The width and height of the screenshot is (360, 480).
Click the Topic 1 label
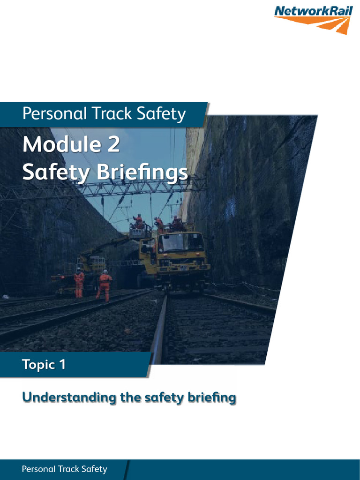pyautogui.click(x=44, y=365)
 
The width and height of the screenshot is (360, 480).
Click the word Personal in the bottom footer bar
pyautogui.click(x=39, y=469)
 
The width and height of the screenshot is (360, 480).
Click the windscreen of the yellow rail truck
pyautogui.click(x=181, y=243)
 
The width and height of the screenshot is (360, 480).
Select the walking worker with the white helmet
pyautogui.click(x=105, y=285)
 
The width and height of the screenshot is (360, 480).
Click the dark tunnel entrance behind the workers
pyautogui.click(x=127, y=277)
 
